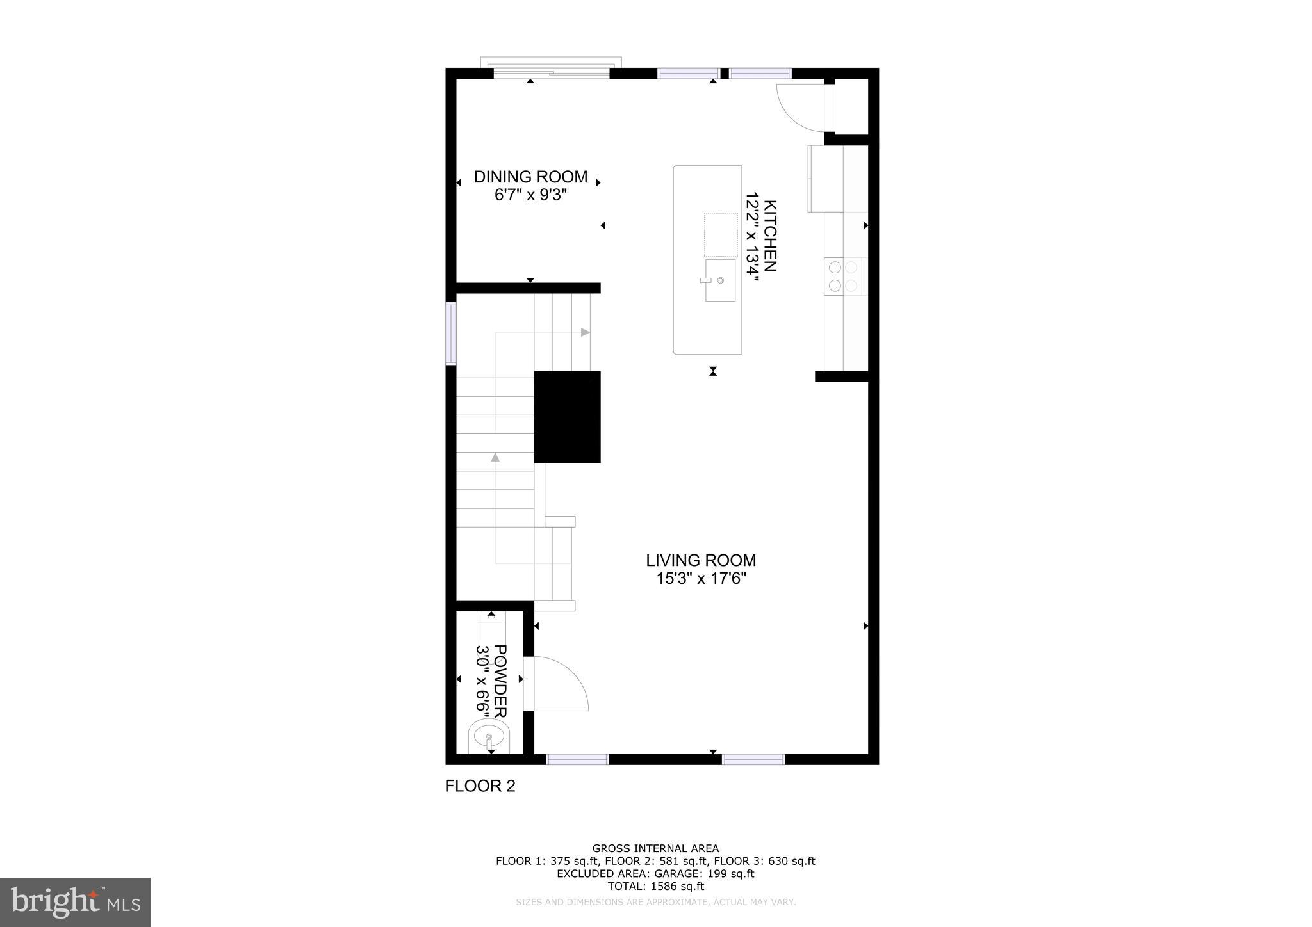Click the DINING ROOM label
[530, 177]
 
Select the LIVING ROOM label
[701, 561]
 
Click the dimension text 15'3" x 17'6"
[701, 579]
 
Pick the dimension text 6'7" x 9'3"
[530, 195]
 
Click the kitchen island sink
[720, 280]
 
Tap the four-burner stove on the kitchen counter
[842, 277]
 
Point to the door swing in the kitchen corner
[799, 106]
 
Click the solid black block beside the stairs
[567, 417]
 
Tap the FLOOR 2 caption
[480, 786]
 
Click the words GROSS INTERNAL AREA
[655, 849]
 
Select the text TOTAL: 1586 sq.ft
[655, 887]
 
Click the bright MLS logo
[75, 902]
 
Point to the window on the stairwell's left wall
[451, 333]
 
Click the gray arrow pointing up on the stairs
[495, 457]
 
